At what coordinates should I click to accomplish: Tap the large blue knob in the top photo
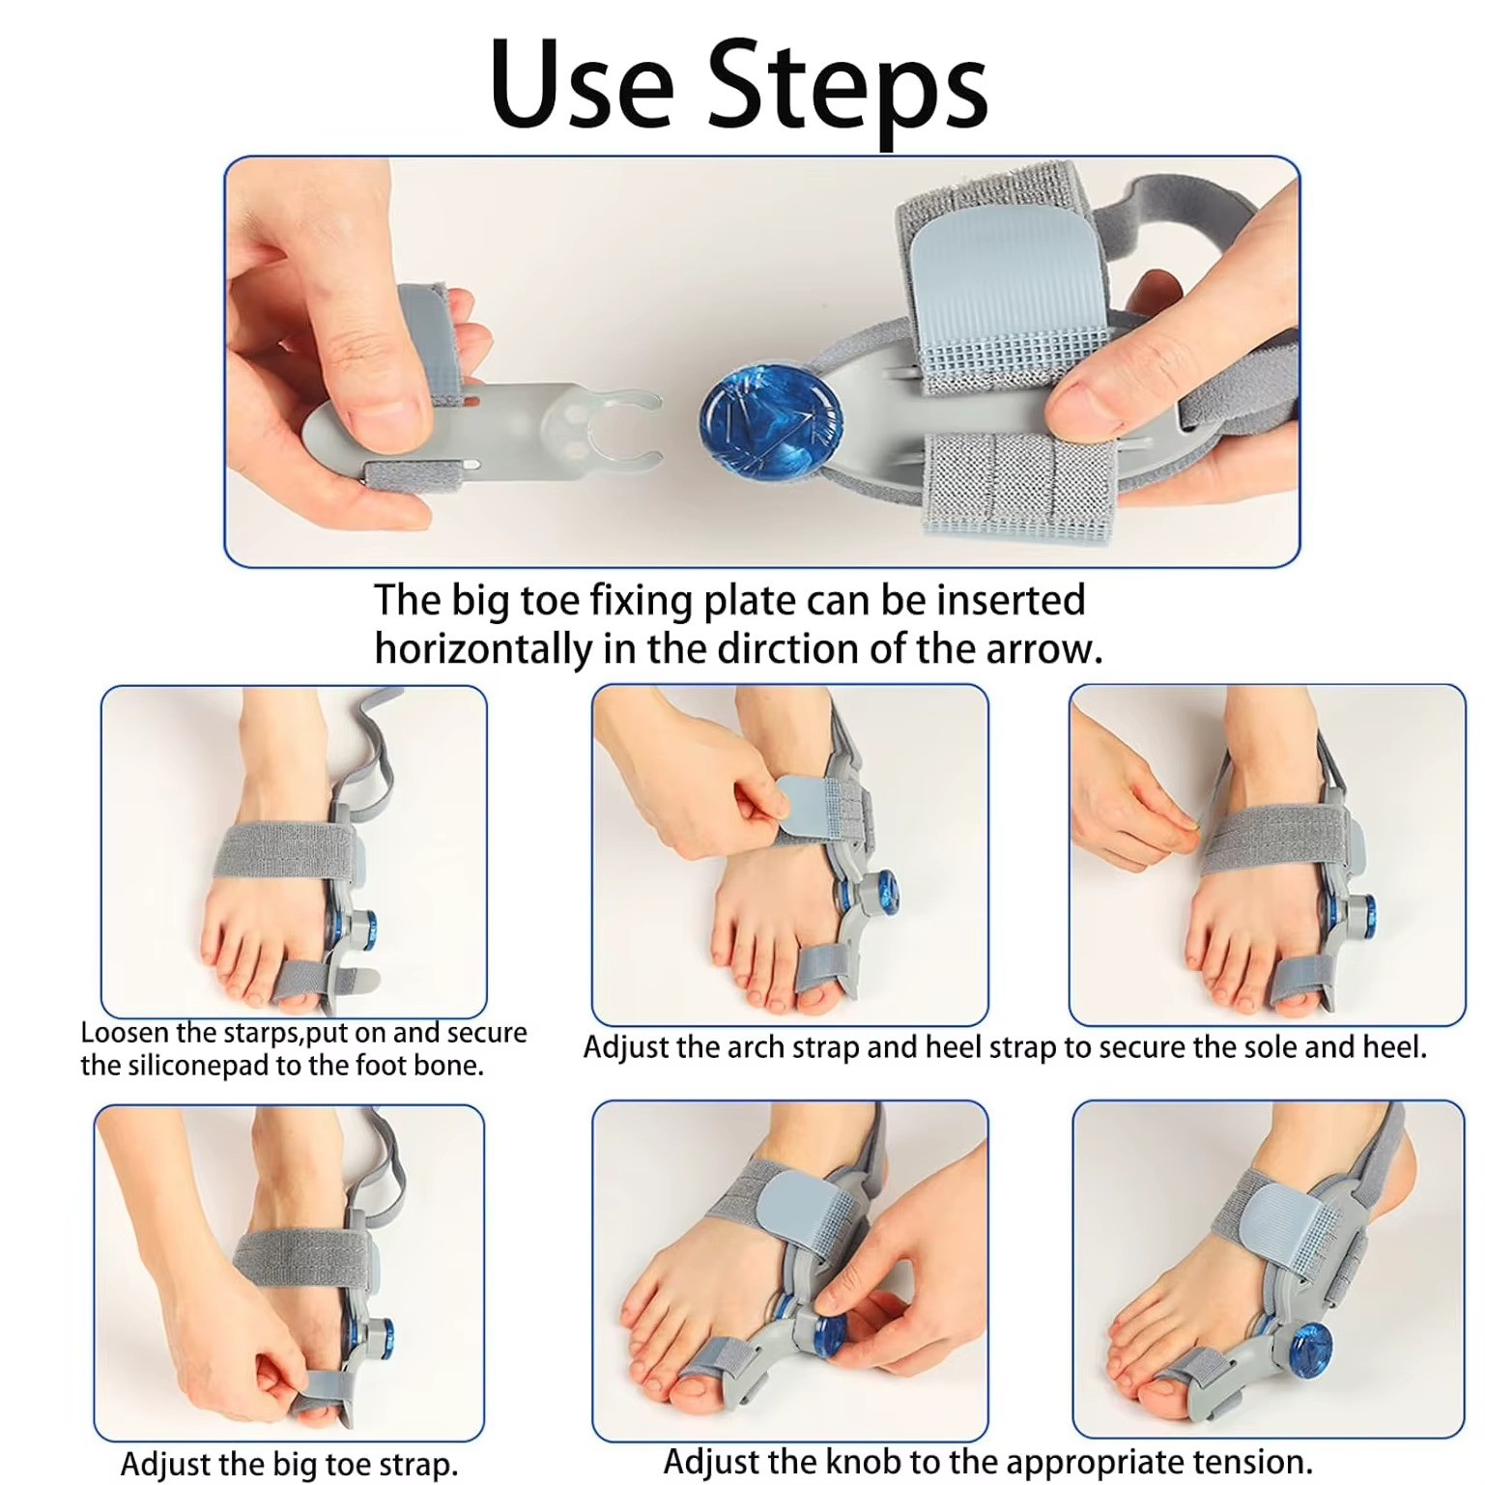pos(770,420)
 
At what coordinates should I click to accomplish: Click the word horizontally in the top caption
pos(482,649)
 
